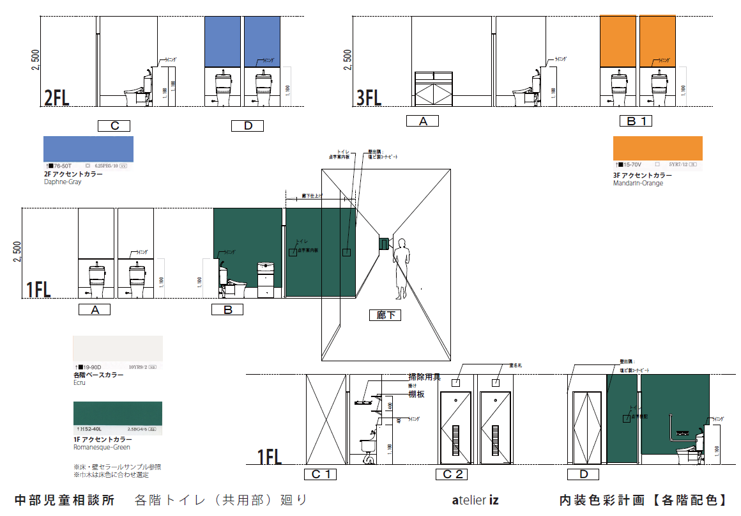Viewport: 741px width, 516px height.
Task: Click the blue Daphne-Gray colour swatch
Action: pos(88,149)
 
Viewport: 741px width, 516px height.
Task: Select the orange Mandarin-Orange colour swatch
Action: pos(657,148)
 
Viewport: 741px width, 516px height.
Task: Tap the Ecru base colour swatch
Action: pos(118,349)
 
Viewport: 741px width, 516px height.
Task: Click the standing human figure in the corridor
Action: pos(401,269)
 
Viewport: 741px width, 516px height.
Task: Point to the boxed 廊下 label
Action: pos(385,315)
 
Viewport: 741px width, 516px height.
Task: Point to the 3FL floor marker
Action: pos(369,98)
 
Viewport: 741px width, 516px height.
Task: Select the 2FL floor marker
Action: pos(56,98)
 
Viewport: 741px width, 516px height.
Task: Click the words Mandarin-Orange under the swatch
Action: pos(638,184)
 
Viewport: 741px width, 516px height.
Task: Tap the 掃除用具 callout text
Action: pos(424,377)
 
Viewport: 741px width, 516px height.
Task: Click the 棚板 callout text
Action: pos(416,395)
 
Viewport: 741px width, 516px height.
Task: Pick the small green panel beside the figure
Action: pos(384,244)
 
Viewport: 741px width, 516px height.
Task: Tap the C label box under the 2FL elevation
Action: pos(114,126)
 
